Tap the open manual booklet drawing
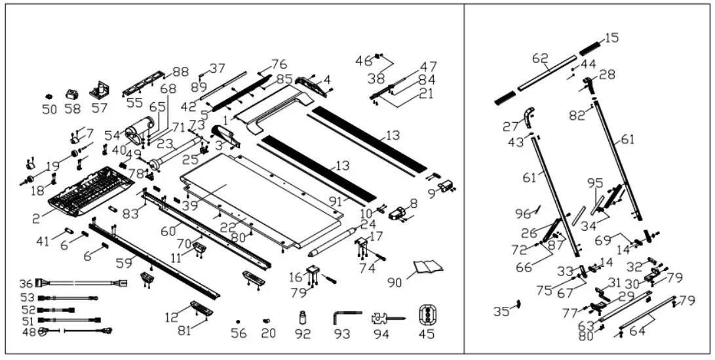[x=428, y=266]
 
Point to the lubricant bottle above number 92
[x=303, y=317]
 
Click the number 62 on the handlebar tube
[x=540, y=59]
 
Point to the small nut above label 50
[x=49, y=96]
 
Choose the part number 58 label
[x=73, y=109]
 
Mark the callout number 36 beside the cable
[x=26, y=284]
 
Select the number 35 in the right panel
[x=501, y=312]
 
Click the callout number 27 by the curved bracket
[x=511, y=127]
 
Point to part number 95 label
[x=594, y=183]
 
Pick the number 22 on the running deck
[x=227, y=227]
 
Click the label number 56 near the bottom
[x=239, y=334]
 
